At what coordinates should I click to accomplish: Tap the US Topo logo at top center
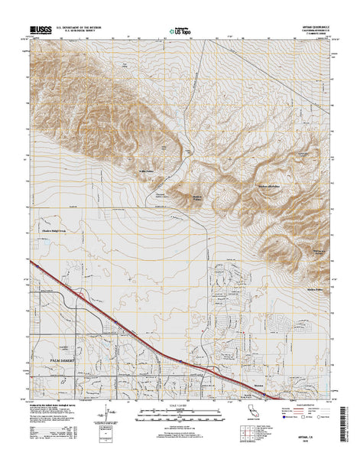click(180, 32)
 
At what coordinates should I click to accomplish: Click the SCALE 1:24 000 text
click(180, 405)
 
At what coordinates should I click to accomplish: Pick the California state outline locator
click(264, 420)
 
